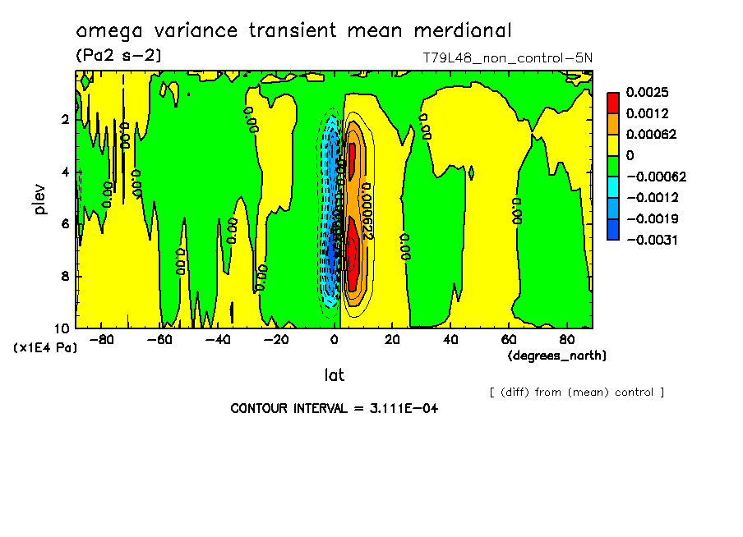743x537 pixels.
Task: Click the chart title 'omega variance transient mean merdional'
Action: pyautogui.click(x=293, y=31)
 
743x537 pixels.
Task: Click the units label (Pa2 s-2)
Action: pyautogui.click(x=118, y=55)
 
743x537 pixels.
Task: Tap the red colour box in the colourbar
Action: pyautogui.click(x=613, y=102)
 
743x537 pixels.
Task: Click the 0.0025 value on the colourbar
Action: pyautogui.click(x=647, y=92)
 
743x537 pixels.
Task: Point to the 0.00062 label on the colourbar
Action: pyautogui.click(x=651, y=134)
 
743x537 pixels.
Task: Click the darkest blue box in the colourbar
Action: pyautogui.click(x=613, y=229)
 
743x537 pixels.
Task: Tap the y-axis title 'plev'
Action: pyautogui.click(x=41, y=199)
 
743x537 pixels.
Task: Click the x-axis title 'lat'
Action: pyautogui.click(x=334, y=375)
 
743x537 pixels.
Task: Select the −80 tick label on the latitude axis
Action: pyautogui.click(x=100, y=340)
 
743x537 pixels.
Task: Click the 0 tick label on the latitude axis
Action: pyautogui.click(x=335, y=340)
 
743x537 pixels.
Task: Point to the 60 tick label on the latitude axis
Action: pyautogui.click(x=509, y=340)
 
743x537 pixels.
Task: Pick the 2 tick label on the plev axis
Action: pyautogui.click(x=67, y=119)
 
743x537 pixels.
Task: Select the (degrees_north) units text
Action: pyautogui.click(x=557, y=356)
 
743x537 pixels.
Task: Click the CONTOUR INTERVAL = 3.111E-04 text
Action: pyautogui.click(x=334, y=408)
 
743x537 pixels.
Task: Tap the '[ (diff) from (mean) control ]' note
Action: pyautogui.click(x=576, y=392)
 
